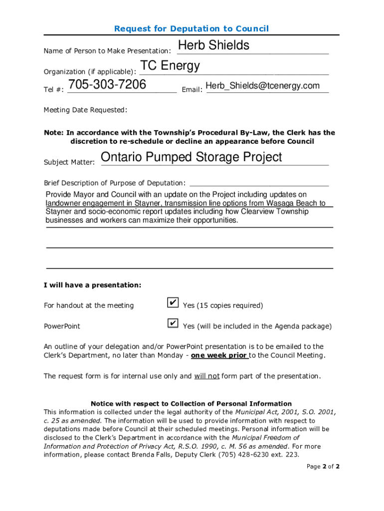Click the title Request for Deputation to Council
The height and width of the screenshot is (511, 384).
click(192, 28)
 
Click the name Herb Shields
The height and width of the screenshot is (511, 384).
click(213, 45)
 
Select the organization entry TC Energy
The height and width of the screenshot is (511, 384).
click(170, 66)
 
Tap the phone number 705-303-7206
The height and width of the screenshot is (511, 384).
click(107, 85)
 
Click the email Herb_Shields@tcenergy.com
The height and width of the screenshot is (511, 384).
click(262, 86)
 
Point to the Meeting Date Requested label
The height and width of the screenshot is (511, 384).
click(85, 110)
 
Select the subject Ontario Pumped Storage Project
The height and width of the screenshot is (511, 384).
click(192, 157)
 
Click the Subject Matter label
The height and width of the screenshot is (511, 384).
click(69, 162)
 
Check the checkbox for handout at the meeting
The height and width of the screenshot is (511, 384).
click(172, 303)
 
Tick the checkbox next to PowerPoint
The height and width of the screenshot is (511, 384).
click(172, 323)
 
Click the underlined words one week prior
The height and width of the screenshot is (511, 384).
click(219, 355)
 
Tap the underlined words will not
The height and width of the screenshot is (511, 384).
click(206, 376)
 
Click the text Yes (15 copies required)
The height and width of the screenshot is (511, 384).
click(222, 305)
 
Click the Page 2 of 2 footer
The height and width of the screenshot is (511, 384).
click(323, 467)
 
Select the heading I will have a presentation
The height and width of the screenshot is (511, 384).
click(93, 285)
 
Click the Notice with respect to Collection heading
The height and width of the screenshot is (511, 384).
click(191, 403)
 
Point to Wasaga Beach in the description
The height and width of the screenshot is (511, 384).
click(298, 203)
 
